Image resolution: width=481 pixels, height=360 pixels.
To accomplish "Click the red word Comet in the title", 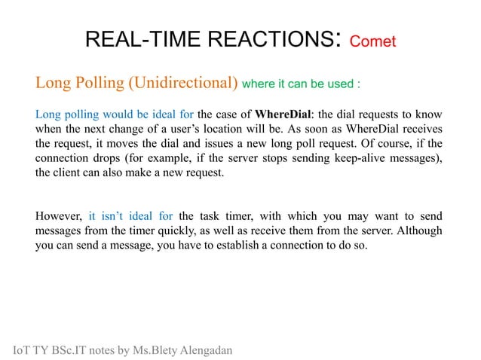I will click(x=372, y=41).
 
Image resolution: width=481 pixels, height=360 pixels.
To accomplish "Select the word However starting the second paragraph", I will click(x=59, y=218).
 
